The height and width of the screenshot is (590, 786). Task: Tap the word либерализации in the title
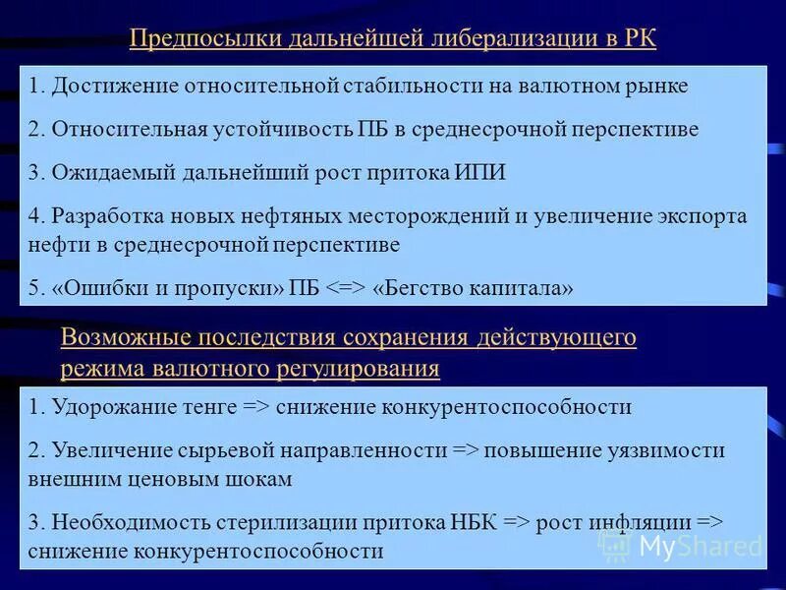click(508, 40)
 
